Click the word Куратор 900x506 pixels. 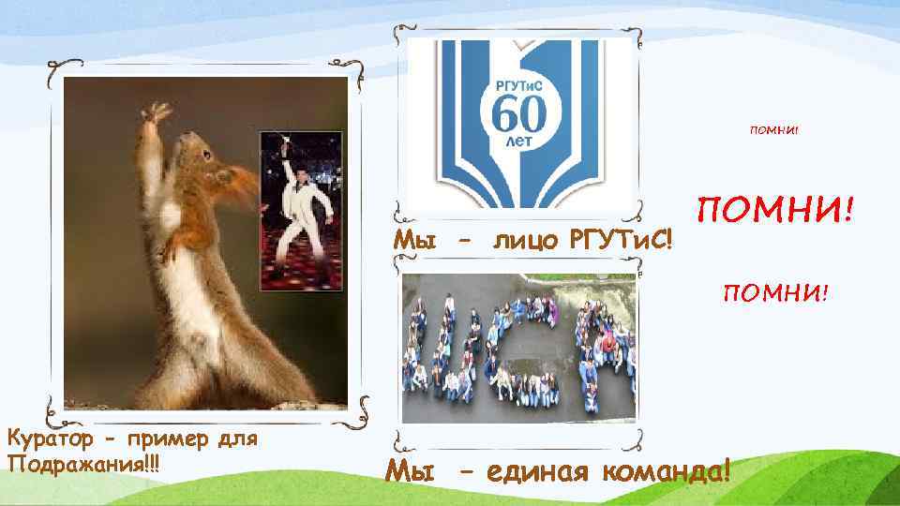click(x=46, y=438)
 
